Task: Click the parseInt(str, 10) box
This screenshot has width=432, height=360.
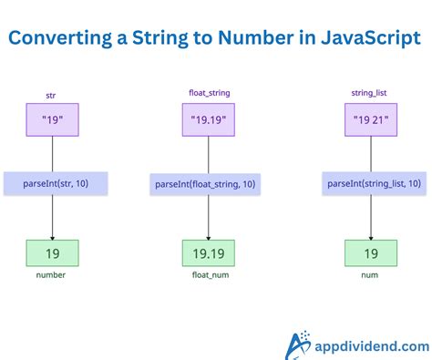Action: tap(56, 183)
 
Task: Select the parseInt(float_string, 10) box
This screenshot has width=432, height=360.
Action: tap(211, 184)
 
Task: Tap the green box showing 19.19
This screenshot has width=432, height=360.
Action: tap(209, 252)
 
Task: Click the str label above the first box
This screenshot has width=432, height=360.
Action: tap(51, 94)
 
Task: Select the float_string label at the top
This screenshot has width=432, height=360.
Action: tap(209, 94)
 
